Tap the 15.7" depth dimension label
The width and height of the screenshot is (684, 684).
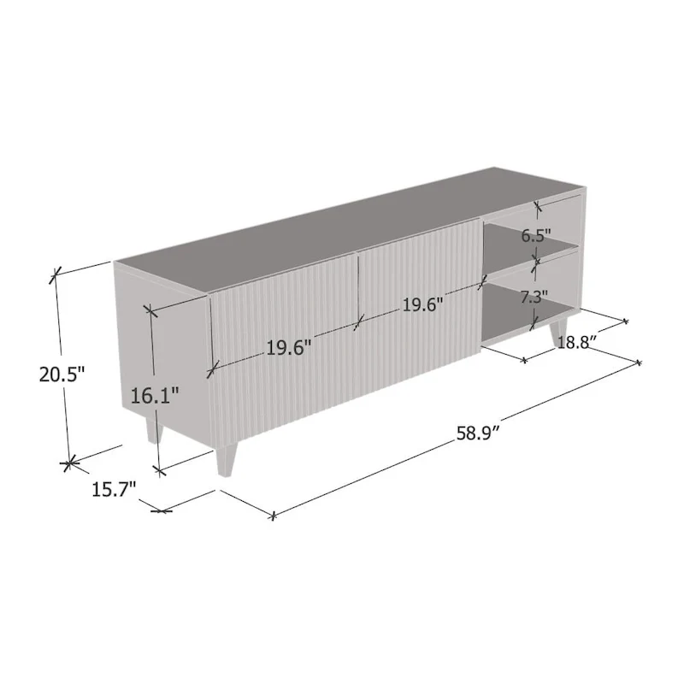pos(114,490)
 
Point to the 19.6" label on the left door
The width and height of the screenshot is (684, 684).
pos(288,348)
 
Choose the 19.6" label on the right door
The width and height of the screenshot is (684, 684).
pos(422,305)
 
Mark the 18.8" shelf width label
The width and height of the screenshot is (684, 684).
pos(577,343)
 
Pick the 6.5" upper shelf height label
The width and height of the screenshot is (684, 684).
pos(537,236)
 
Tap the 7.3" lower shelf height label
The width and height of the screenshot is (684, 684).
pos(534,298)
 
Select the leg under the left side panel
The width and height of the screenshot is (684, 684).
pos(154,427)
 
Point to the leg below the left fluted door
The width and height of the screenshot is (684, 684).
pos(226,460)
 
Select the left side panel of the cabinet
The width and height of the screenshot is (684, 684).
pos(162,351)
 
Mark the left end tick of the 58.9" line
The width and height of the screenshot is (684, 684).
pos(273,516)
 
